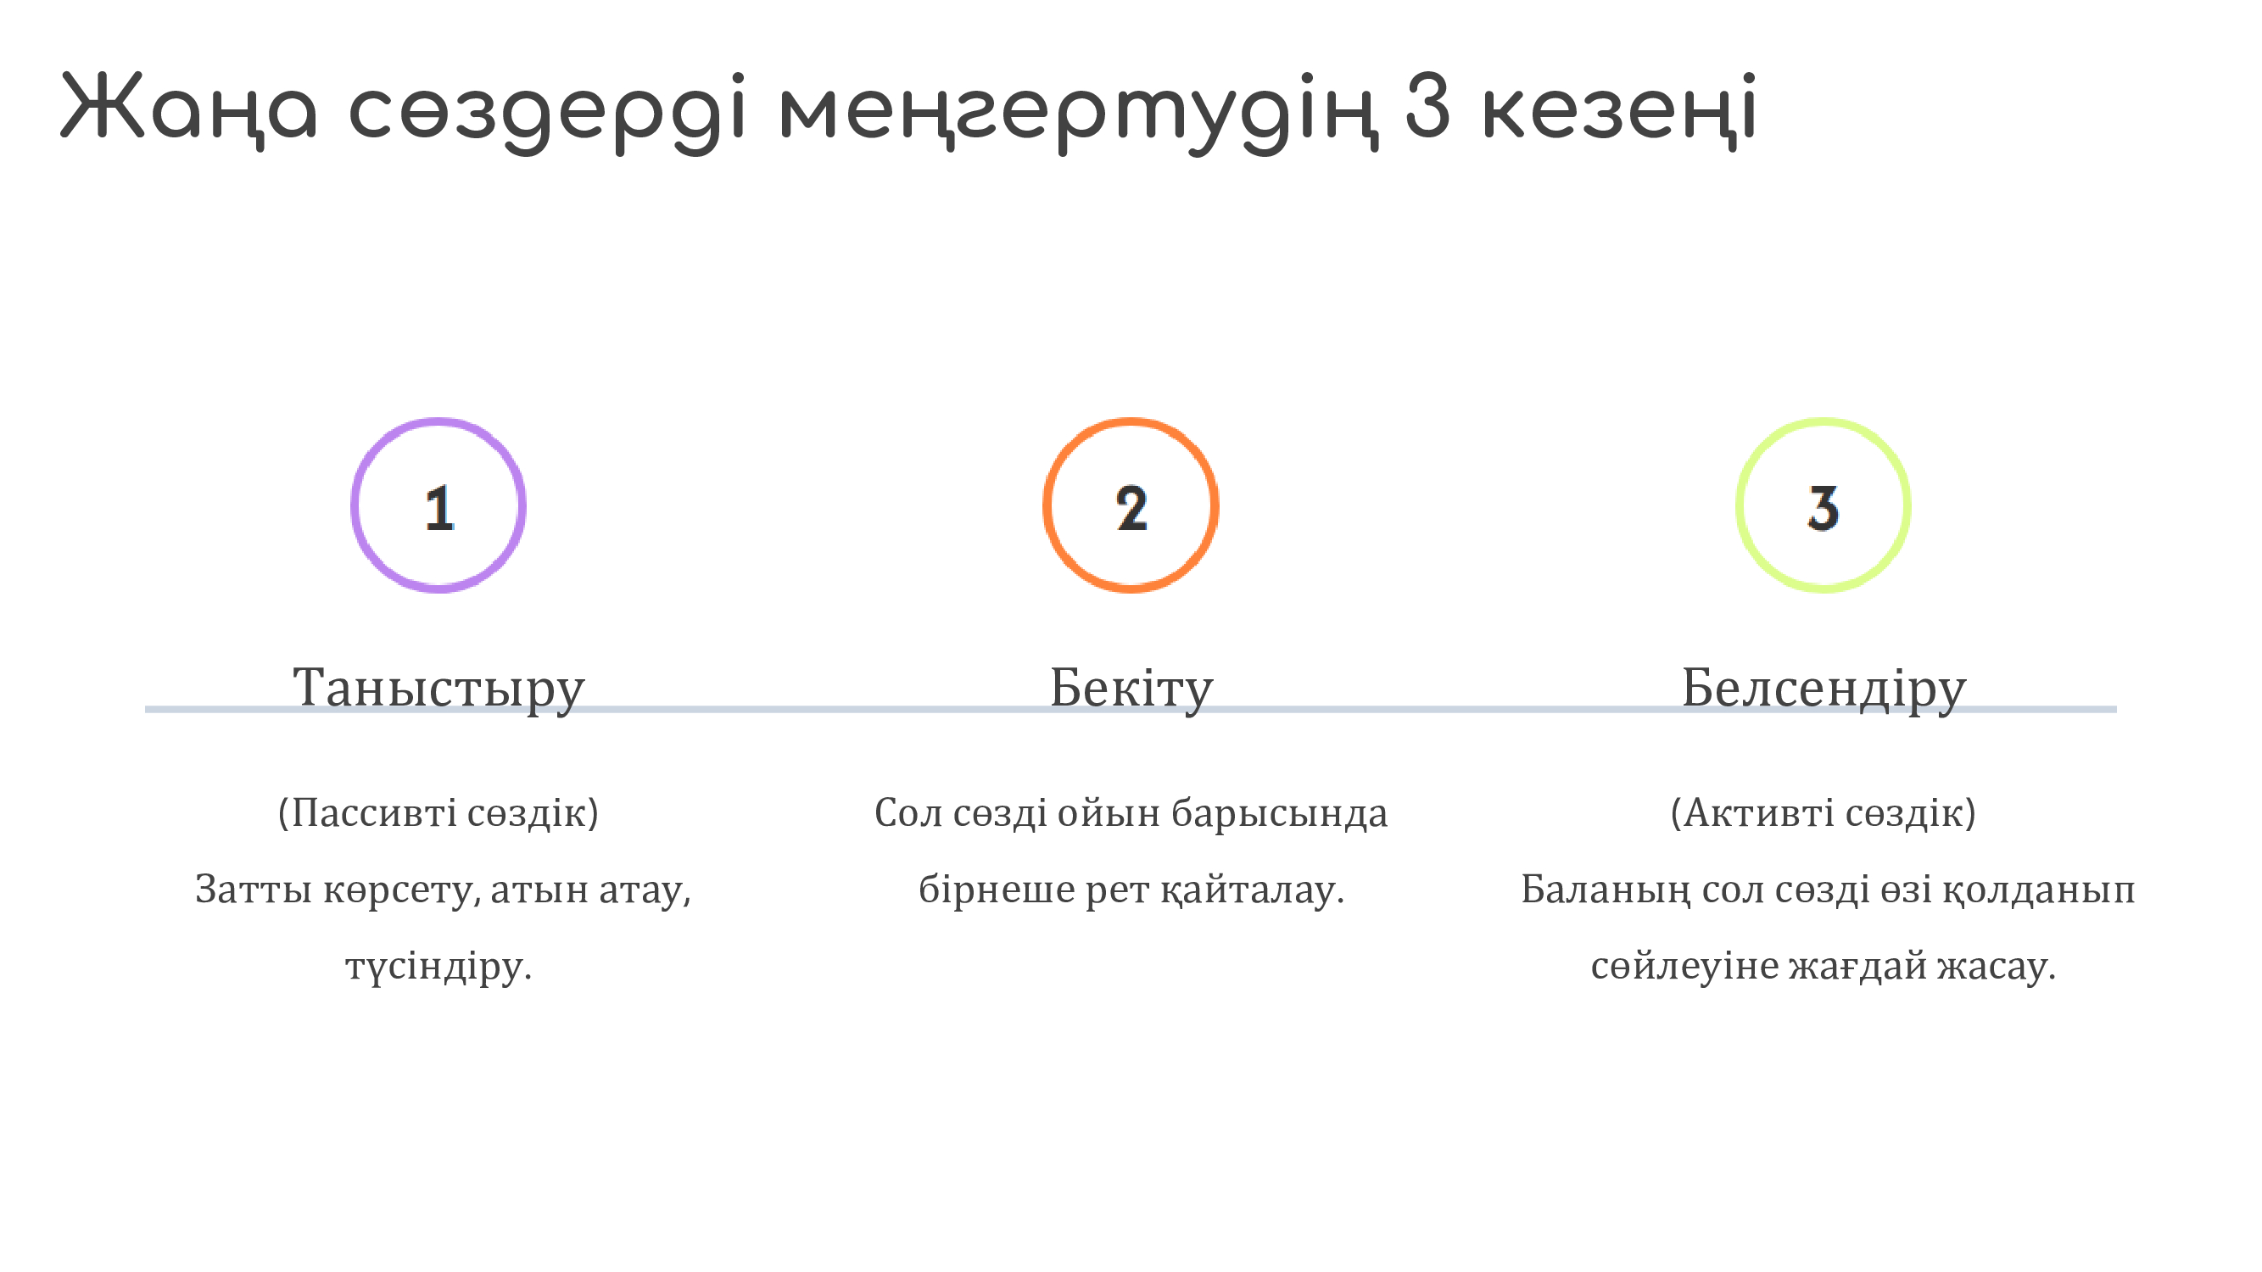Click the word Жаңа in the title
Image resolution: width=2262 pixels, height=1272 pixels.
(189, 109)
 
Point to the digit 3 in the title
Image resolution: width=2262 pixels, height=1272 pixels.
(1427, 104)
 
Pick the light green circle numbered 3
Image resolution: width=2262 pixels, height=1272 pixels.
(1738, 505)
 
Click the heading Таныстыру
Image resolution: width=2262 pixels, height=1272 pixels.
(438, 689)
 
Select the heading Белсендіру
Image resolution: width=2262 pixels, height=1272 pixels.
(1824, 689)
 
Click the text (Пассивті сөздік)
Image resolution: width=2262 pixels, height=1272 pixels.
(438, 813)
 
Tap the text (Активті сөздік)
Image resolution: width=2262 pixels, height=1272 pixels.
(1824, 813)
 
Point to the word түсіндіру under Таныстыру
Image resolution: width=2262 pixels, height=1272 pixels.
(438, 968)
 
